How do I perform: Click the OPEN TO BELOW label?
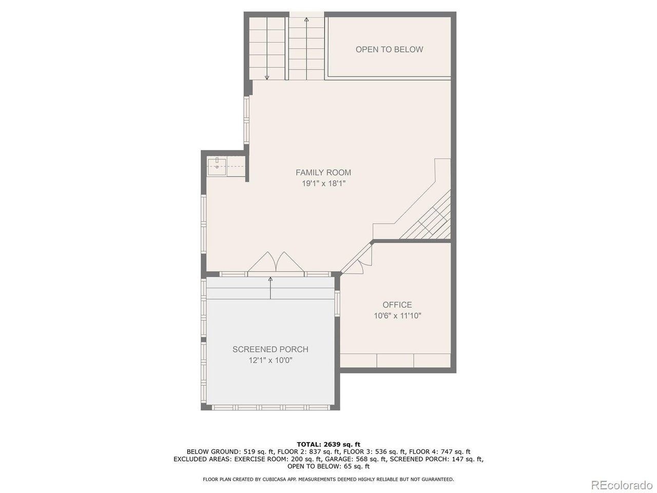389,49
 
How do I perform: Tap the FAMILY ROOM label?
323,173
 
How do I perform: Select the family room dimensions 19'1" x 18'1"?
323,183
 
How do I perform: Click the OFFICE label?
397,305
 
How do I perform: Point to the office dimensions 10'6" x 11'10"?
397,315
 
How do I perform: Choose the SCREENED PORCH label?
270,349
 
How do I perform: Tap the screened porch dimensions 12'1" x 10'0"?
270,360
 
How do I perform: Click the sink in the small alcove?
217,167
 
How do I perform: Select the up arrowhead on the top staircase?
306,20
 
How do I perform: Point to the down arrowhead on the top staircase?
267,78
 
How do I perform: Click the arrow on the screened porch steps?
270,288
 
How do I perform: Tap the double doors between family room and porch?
276,263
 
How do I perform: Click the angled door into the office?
357,259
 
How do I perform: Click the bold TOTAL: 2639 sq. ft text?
328,444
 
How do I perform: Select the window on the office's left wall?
337,303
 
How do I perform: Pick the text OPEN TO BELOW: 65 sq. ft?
328,466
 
